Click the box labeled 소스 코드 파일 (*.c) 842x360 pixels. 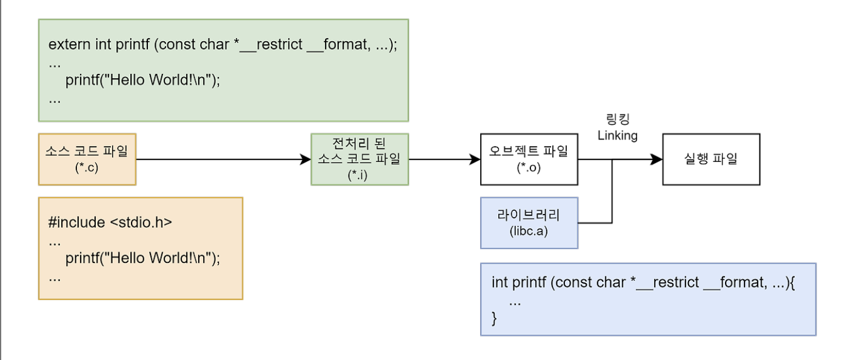coord(87,159)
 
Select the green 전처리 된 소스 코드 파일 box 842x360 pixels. coord(359,159)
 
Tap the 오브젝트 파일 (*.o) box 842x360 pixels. coord(529,159)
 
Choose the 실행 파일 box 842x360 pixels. coord(710,159)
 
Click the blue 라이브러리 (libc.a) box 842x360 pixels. coord(529,222)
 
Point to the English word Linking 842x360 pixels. coord(617,136)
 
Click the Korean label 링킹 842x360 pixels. coord(617,119)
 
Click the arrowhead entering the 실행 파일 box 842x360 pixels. coord(657,159)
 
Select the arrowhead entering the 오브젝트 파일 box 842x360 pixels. coord(474,159)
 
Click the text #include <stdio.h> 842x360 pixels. coord(110,222)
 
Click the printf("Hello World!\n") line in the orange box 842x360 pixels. coord(142,258)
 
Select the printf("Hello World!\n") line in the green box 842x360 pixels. coord(142,80)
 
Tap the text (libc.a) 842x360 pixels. coord(529,231)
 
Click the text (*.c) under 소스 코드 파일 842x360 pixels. coord(86,168)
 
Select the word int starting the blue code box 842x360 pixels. coord(500,282)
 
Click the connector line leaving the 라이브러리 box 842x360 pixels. coord(595,223)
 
